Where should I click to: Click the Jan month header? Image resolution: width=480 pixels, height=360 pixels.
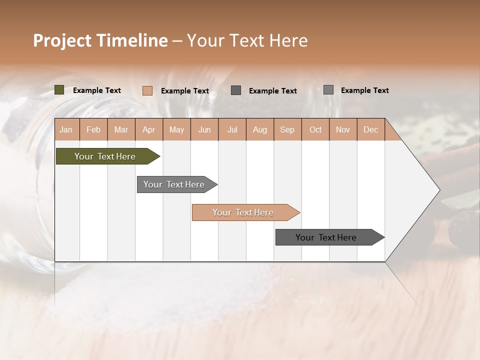pos(66,129)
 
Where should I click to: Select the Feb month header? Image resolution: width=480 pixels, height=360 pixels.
pos(93,129)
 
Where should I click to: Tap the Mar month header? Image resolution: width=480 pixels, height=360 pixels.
pos(121,129)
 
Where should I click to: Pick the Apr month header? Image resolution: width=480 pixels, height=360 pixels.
pos(149,129)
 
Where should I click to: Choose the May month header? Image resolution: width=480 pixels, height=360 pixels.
pos(176,129)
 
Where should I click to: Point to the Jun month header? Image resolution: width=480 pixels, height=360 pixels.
pos(204,129)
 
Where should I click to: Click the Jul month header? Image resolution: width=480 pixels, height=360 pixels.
pos(232,129)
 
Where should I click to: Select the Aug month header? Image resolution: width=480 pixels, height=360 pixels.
pos(260,129)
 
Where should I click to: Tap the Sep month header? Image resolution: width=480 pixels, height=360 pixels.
pos(287,129)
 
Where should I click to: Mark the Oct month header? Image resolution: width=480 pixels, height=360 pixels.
pos(315,129)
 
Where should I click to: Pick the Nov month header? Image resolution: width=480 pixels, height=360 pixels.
pos(343,129)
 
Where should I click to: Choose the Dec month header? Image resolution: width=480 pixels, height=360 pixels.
pos(371,129)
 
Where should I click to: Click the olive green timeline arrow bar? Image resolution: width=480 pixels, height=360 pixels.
pos(105,156)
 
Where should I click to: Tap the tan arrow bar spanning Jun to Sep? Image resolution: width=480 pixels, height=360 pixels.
pos(243,212)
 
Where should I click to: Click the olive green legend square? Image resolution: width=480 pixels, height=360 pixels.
pos(59,90)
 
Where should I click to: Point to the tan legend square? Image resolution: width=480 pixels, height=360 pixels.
pos(147,90)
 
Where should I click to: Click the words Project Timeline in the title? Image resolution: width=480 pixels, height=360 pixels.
pos(100,40)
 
